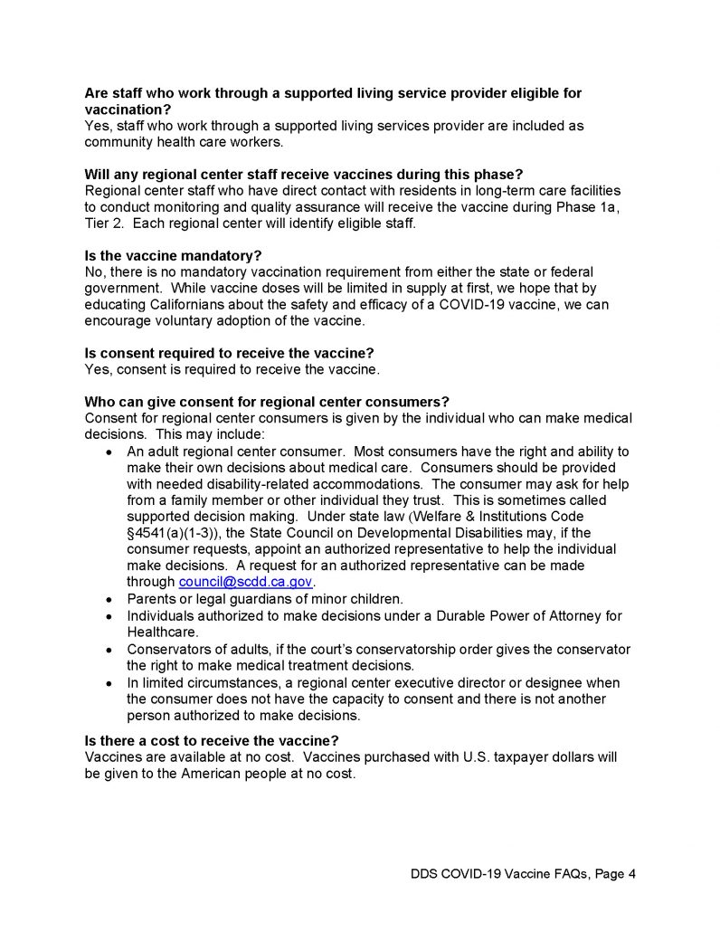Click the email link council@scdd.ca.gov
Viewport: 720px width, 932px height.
[x=245, y=581]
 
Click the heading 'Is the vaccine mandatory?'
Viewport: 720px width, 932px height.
[x=173, y=256]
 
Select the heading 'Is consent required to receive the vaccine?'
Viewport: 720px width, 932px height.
[x=229, y=353]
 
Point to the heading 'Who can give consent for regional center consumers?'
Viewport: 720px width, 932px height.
[x=267, y=402]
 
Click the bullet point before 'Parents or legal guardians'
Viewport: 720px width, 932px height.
[x=109, y=599]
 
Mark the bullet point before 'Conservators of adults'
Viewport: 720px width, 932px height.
[x=109, y=651]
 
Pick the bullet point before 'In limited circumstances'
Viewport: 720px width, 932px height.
[x=109, y=683]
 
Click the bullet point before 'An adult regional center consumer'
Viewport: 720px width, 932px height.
[x=109, y=452]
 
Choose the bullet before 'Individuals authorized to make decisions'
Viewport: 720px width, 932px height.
[x=109, y=616]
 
